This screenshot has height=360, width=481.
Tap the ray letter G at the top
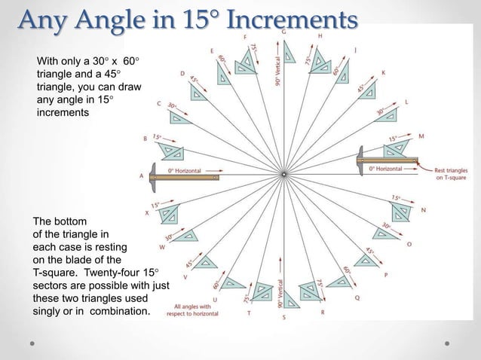click(x=283, y=33)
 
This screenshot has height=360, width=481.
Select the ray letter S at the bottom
click(x=283, y=318)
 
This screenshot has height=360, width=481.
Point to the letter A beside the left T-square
click(x=141, y=175)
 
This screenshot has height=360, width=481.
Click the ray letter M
click(x=421, y=136)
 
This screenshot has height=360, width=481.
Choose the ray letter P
click(x=386, y=276)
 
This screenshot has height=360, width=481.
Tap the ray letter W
click(x=162, y=246)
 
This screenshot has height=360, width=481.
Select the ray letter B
click(x=146, y=138)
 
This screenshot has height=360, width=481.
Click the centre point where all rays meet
click(x=283, y=175)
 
